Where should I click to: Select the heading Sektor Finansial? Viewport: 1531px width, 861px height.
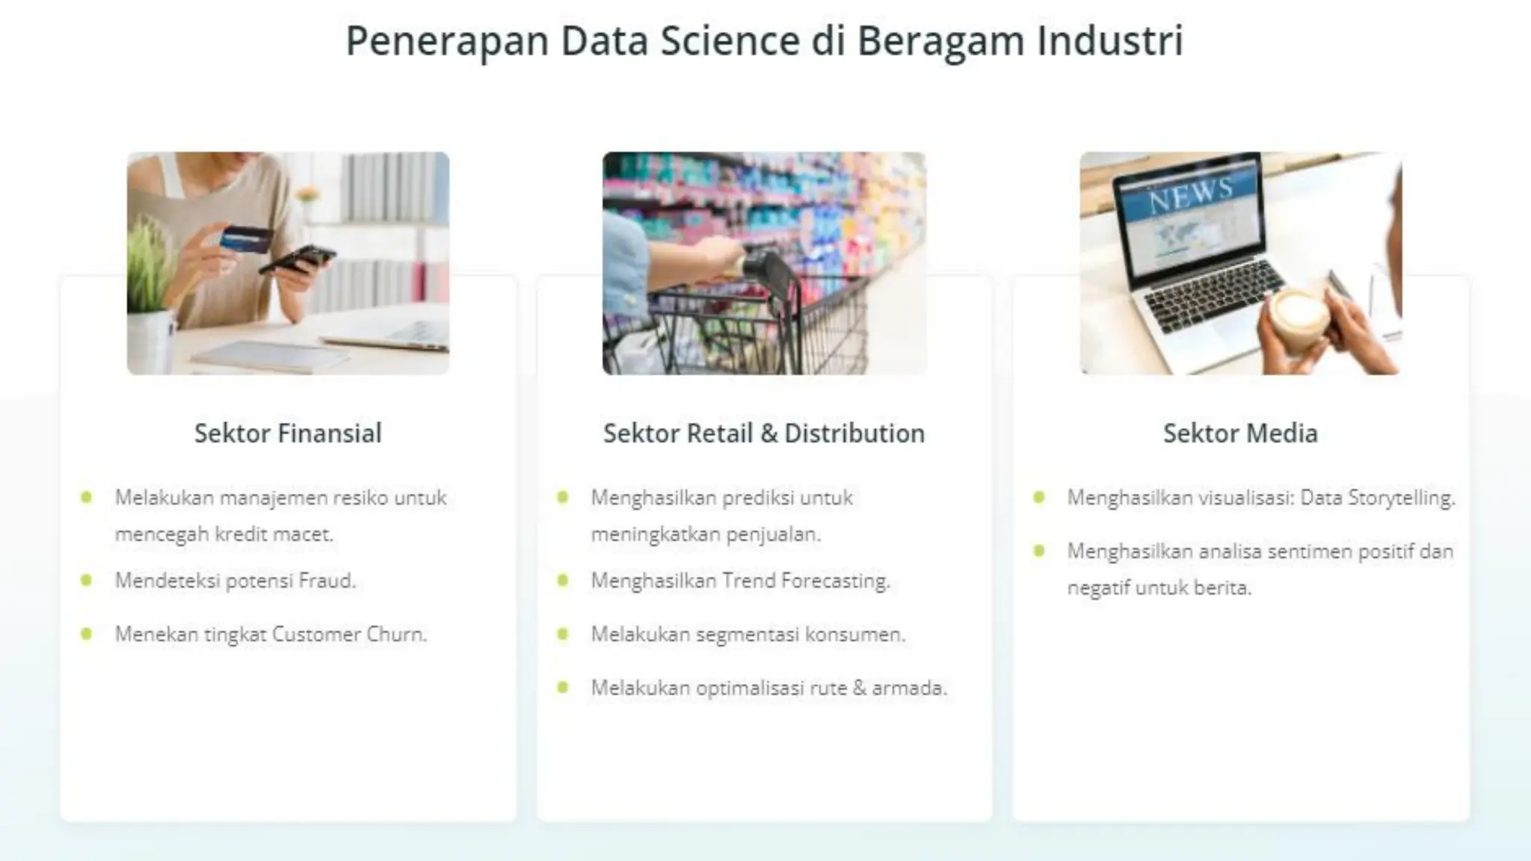(x=288, y=433)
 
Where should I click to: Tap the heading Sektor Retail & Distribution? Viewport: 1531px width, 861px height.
(x=764, y=433)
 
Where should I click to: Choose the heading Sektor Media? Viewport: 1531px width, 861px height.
(x=1240, y=433)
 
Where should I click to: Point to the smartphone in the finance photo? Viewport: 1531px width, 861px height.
(x=297, y=259)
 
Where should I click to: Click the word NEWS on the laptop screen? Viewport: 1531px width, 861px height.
(x=1190, y=194)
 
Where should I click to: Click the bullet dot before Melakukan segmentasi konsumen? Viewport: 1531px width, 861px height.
(x=563, y=635)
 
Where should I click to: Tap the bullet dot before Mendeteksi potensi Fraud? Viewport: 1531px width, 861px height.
(x=87, y=580)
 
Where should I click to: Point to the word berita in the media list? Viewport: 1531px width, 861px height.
(x=1222, y=588)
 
